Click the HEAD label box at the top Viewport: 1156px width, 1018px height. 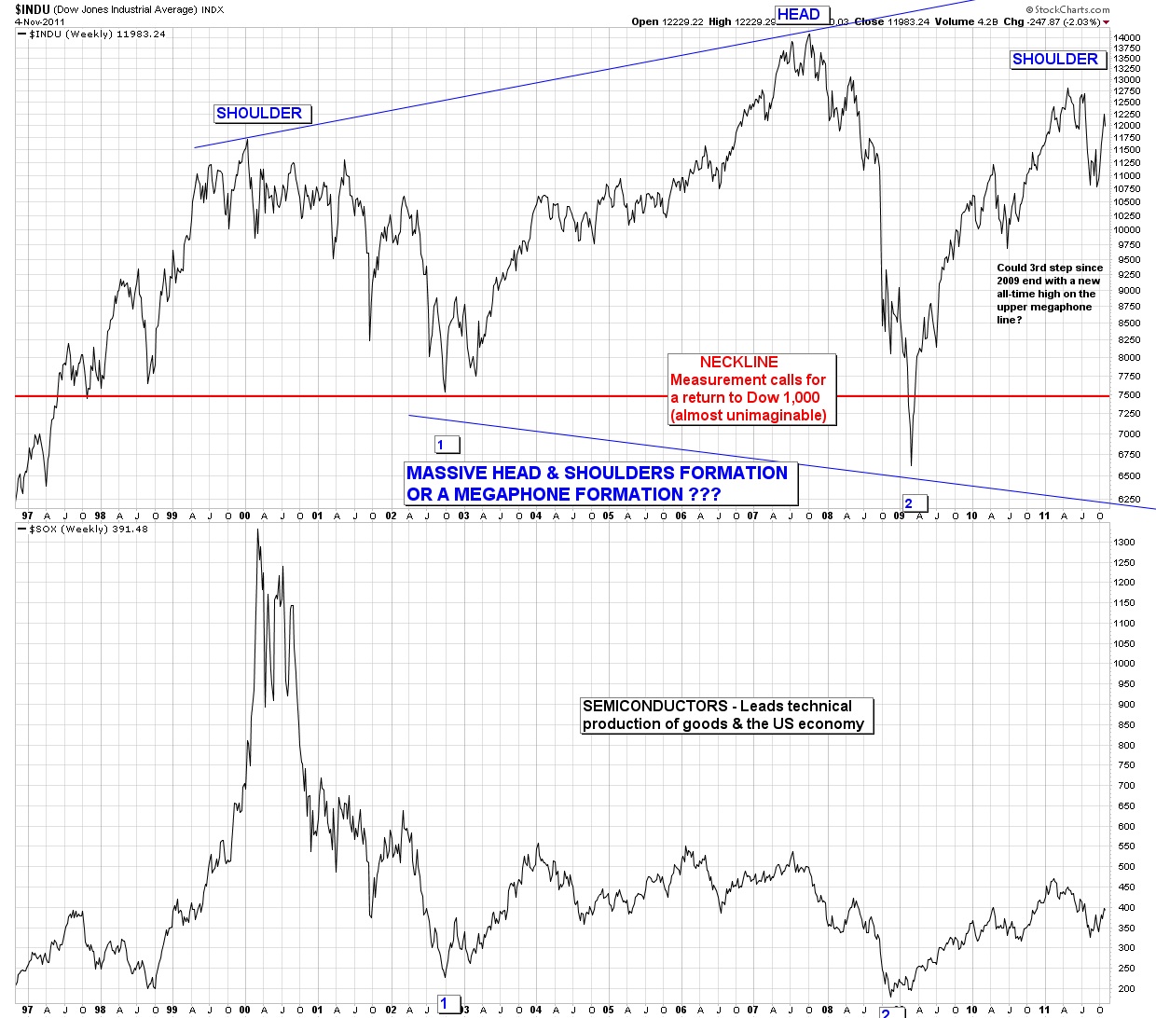(x=798, y=14)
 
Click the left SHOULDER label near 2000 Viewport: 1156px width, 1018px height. (x=259, y=114)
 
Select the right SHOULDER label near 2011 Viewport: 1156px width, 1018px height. (x=1055, y=60)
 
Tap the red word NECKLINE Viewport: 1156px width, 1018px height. (x=738, y=362)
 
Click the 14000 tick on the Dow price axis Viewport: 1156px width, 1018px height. (x=1126, y=37)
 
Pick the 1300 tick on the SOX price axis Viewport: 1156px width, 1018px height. (x=1123, y=542)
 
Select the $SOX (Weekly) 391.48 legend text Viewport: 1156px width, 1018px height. (x=89, y=530)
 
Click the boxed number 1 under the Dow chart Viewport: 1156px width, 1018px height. (x=442, y=445)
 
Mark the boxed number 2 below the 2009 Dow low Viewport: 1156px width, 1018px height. (x=909, y=503)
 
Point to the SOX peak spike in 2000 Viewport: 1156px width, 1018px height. (x=257, y=531)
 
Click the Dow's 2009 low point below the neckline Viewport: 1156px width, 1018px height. (x=911, y=464)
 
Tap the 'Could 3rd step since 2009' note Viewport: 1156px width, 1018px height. (x=1050, y=294)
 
